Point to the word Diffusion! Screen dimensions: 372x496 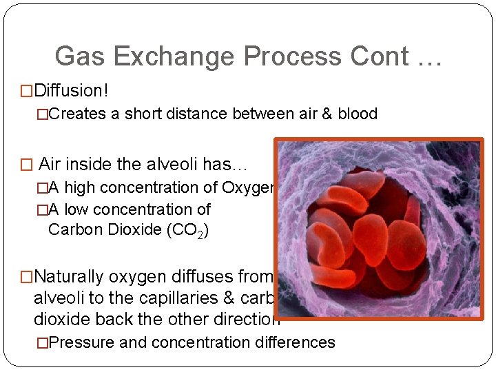[x=72, y=90]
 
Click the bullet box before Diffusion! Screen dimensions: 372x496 [x=27, y=91]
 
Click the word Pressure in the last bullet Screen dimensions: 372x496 [x=82, y=342]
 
